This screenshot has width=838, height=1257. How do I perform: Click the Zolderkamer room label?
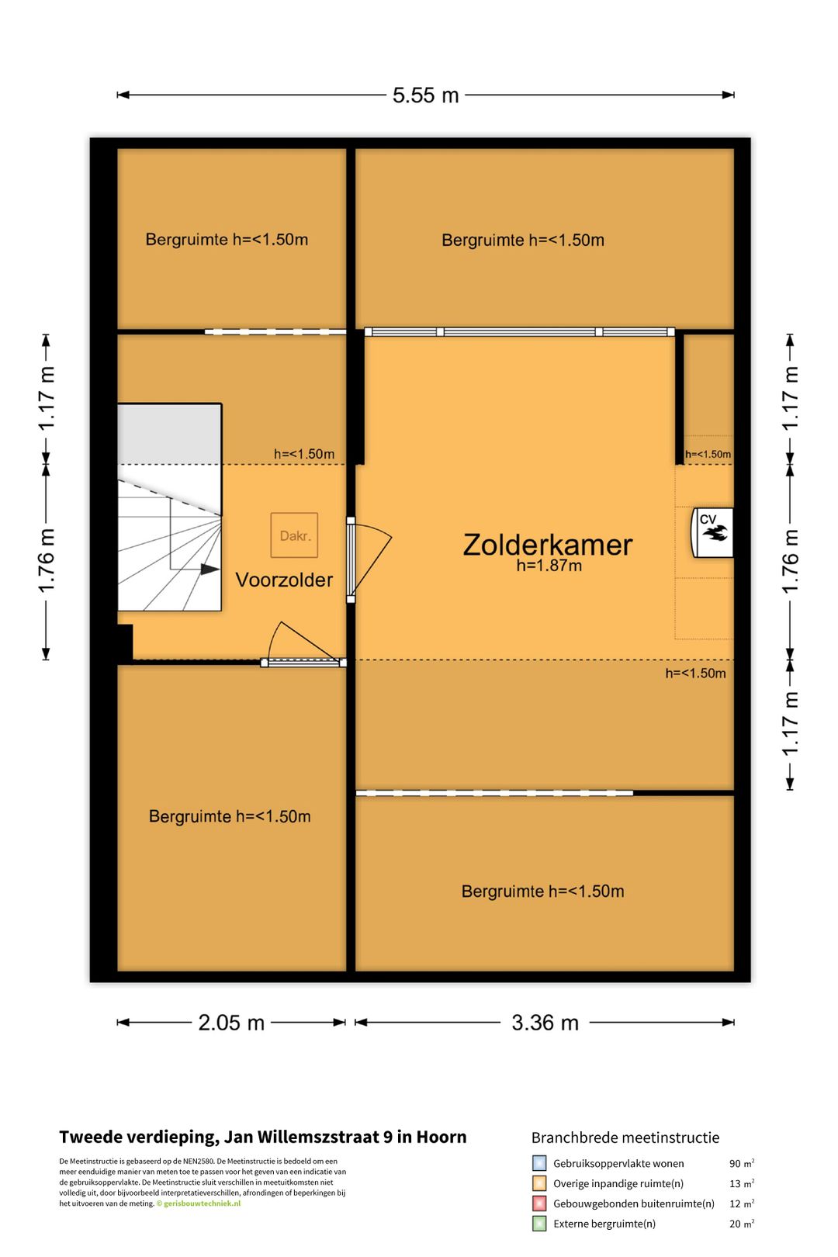[x=547, y=545]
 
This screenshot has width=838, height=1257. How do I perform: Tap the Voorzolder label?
[x=284, y=580]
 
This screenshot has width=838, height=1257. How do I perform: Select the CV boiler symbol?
[x=712, y=532]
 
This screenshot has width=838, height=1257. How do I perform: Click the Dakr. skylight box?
[x=294, y=535]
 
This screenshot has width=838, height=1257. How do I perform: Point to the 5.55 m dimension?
[x=425, y=95]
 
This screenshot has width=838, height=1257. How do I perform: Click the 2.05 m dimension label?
[x=230, y=1023]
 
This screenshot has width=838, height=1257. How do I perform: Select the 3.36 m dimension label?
[x=545, y=1023]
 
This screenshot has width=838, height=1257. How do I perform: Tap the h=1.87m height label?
[x=549, y=566]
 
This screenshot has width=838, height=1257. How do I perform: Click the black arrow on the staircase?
[x=209, y=569]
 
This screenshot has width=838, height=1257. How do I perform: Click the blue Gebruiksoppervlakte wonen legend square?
[x=539, y=1163]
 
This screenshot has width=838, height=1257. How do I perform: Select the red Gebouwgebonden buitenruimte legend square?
[x=539, y=1203]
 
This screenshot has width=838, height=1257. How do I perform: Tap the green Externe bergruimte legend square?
[x=539, y=1224]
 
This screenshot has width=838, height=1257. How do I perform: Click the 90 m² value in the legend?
[x=741, y=1163]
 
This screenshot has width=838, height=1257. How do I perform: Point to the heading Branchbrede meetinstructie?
[x=625, y=1138]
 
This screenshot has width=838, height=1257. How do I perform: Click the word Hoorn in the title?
[x=442, y=1137]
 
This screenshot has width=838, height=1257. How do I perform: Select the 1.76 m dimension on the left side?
[x=47, y=560]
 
